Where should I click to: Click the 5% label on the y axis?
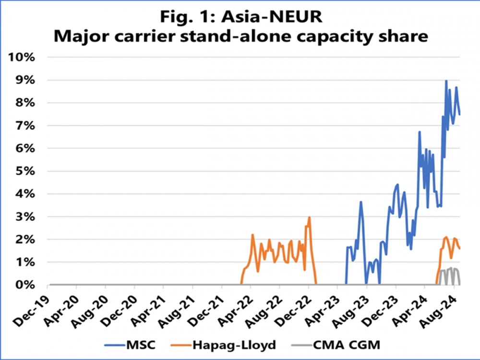(24, 171)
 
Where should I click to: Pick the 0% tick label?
(24, 285)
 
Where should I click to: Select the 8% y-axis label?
(24, 103)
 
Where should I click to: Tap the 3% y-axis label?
(24, 217)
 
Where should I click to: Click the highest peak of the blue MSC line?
(446, 81)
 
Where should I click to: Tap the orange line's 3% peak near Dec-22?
(309, 217)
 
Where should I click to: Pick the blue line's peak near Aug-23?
(361, 202)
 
